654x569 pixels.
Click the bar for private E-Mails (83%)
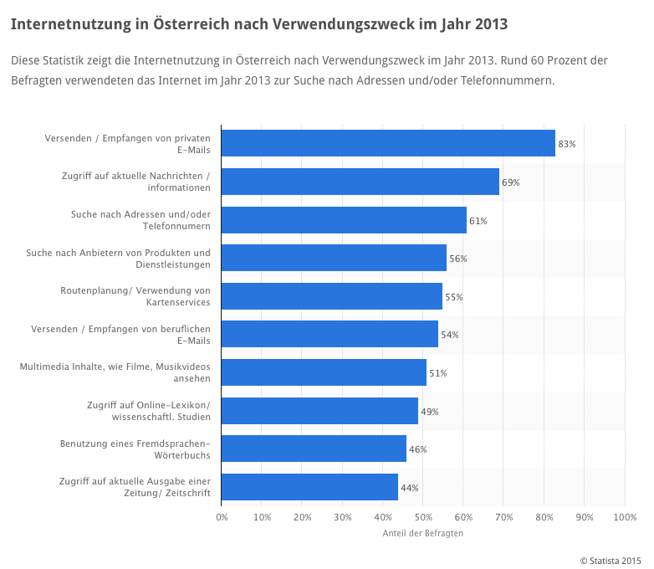388,143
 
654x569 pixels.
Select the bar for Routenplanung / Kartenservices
332,296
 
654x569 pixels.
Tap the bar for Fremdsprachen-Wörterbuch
314,449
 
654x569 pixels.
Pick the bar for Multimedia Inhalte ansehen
324,372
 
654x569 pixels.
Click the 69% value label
510,182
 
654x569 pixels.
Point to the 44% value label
409,488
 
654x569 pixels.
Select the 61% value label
478,221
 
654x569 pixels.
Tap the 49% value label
429,412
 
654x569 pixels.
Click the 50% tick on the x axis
423,518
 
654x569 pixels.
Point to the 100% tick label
625,518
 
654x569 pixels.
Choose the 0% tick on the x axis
222,518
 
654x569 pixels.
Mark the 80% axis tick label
544,518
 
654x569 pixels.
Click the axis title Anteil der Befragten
422,533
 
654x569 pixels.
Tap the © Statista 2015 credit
610,560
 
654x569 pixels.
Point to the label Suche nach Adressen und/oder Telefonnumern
141,220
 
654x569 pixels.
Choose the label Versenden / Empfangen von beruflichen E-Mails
120,335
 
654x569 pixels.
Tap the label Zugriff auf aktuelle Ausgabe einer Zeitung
135,487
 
